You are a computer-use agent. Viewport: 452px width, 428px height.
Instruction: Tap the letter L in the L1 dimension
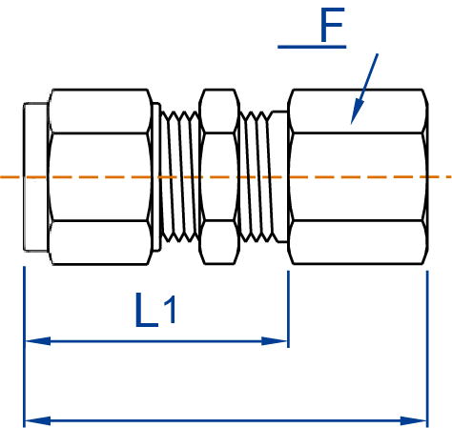click(x=146, y=311)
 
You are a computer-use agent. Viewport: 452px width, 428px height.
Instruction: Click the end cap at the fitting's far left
click(x=34, y=176)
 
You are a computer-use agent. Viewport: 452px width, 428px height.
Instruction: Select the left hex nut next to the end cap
click(x=100, y=176)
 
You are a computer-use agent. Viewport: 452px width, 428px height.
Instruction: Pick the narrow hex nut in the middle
click(x=218, y=176)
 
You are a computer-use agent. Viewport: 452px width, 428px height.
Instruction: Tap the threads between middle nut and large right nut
click(x=257, y=176)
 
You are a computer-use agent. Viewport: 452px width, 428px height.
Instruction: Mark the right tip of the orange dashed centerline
click(x=448, y=177)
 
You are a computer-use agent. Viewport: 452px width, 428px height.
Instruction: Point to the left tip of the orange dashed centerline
click(x=3, y=177)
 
